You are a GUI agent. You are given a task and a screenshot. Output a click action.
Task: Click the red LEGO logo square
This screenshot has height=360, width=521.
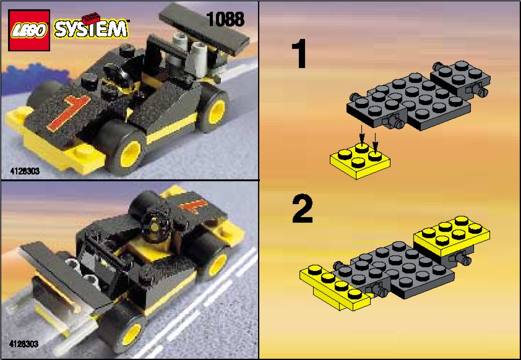pos(29,30)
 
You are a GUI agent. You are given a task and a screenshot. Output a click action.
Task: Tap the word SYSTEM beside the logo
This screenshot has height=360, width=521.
pos(91,29)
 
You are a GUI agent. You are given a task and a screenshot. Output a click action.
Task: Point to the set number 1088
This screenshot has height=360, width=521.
pos(225,19)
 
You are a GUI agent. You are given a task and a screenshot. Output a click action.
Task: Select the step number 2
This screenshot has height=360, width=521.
pos(303,209)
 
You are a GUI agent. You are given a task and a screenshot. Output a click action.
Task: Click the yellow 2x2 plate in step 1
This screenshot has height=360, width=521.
pos(360,160)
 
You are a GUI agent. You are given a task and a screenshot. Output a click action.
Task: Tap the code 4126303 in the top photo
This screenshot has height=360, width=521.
pos(25,171)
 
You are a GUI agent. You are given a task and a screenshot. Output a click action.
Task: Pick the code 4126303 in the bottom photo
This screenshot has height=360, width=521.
pos(24,344)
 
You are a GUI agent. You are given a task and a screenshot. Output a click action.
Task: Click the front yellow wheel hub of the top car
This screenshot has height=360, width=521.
pos(130,154)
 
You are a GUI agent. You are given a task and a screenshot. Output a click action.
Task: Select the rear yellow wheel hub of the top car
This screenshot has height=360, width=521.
pos(217,111)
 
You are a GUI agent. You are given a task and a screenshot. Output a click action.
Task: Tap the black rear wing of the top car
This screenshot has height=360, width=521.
pos(204,28)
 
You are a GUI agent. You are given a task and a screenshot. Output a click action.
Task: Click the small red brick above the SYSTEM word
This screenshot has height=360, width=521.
pos(91,19)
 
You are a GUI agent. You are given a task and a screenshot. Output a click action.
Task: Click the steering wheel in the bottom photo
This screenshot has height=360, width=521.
pos(155,225)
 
